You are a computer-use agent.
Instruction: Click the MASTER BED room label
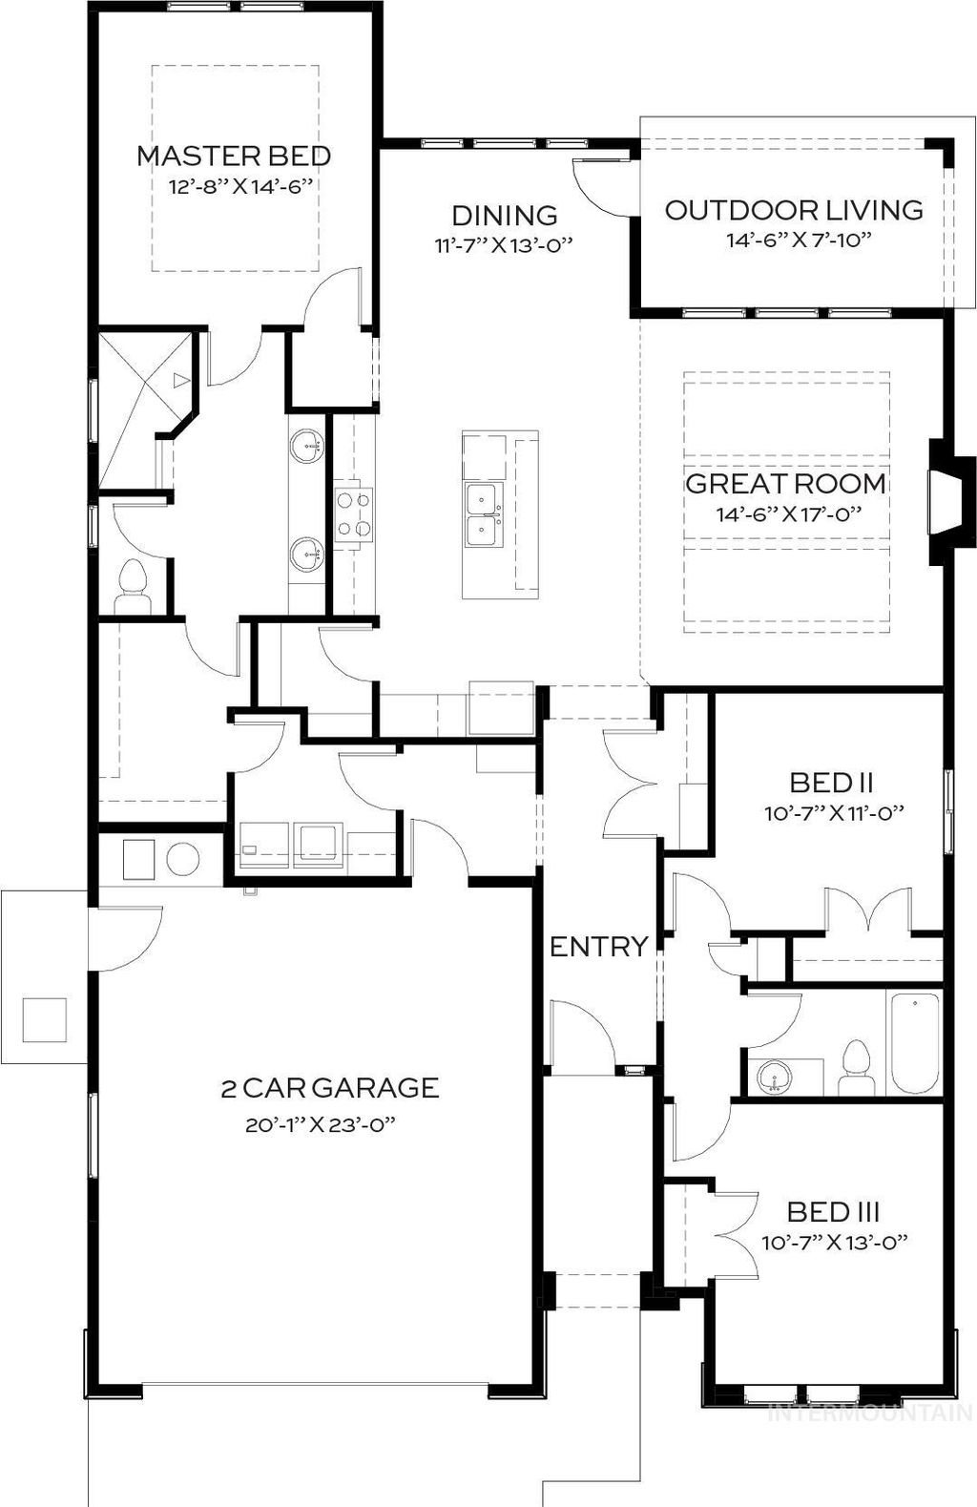234,156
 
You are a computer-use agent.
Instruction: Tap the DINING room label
504,216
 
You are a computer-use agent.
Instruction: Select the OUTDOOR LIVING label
794,210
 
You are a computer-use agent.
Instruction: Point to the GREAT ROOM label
785,483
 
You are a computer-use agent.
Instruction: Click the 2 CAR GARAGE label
330,1087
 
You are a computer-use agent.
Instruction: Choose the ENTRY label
599,947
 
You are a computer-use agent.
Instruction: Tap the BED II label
832,783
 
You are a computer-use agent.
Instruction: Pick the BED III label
833,1212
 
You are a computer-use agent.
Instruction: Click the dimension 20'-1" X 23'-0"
320,1125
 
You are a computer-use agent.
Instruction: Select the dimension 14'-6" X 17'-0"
789,513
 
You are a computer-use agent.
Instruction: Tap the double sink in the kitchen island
482,515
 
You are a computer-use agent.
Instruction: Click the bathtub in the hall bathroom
915,1044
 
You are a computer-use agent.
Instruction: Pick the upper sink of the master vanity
308,443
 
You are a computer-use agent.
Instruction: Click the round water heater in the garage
183,858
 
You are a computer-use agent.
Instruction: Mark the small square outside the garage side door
44,1019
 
